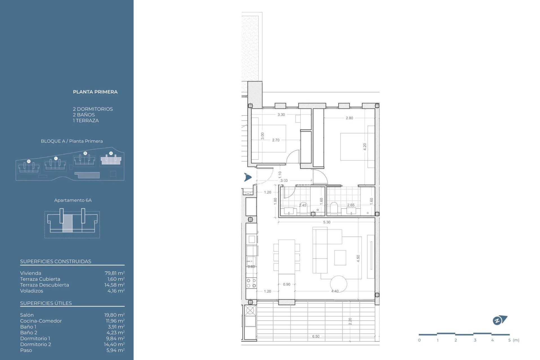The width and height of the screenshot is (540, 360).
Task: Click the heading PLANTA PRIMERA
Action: pyautogui.click(x=95, y=92)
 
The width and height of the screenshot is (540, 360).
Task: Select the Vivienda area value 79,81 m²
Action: pyautogui.click(x=114, y=273)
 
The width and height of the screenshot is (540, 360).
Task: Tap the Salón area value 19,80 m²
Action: pyautogui.click(x=114, y=315)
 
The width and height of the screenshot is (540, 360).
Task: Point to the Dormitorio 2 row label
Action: pyautogui.click(x=35, y=344)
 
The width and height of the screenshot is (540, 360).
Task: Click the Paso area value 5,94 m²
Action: pyautogui.click(x=115, y=350)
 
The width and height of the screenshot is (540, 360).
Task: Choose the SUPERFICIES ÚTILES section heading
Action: pyautogui.click(x=46, y=303)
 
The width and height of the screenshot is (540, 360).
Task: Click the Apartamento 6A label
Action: pyautogui.click(x=73, y=200)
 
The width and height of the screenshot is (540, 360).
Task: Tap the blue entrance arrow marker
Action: pyautogui.click(x=247, y=177)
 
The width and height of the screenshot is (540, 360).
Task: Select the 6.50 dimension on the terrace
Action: pyautogui.click(x=316, y=336)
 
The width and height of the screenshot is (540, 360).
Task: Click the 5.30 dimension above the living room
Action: pyautogui.click(x=327, y=222)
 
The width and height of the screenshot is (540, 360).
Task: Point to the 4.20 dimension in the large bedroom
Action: pyautogui.click(x=365, y=147)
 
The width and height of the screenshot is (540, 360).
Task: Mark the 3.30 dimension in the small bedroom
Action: pyautogui.click(x=281, y=115)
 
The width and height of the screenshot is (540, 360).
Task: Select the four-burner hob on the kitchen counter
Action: pyautogui.click(x=251, y=283)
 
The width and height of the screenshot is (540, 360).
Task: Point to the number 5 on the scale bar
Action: pyautogui.click(x=509, y=340)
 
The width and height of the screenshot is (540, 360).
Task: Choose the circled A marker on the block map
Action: pyautogui.click(x=111, y=153)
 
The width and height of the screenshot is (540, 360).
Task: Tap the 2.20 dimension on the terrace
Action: pyautogui.click(x=350, y=321)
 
